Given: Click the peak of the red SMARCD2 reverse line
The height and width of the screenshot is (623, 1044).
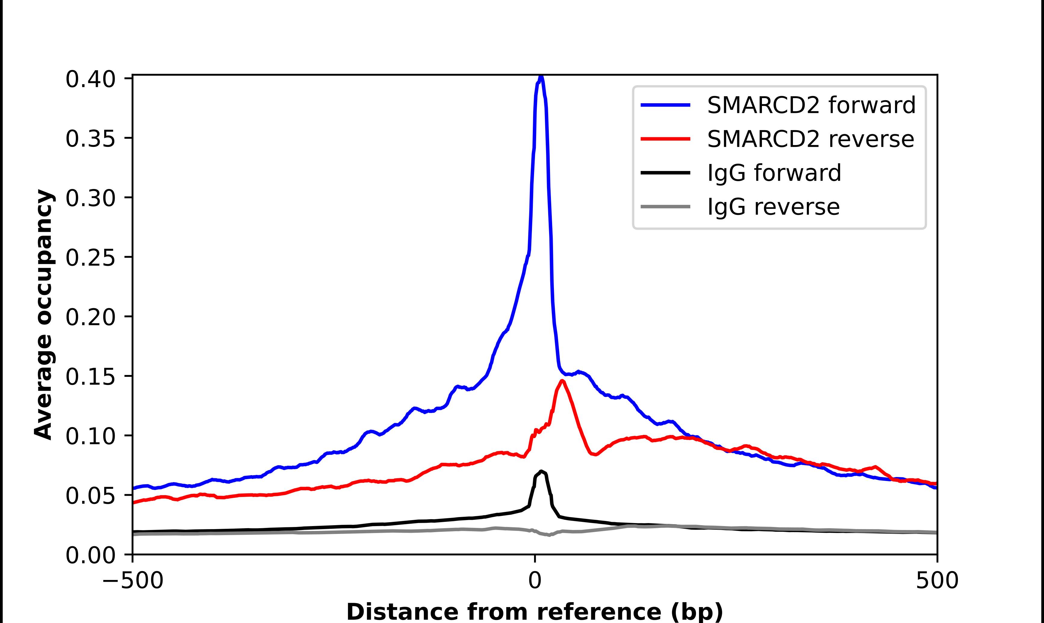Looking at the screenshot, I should tap(562, 381).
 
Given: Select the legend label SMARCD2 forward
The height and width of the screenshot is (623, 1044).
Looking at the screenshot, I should tap(811, 105).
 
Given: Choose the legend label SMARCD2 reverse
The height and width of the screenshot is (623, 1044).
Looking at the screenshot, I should tap(810, 139).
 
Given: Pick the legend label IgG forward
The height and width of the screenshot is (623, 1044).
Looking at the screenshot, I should tap(774, 173).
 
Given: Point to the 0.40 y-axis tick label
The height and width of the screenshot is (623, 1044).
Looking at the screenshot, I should tap(90, 79).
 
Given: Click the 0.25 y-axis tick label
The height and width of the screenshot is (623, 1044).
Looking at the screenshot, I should tap(90, 258).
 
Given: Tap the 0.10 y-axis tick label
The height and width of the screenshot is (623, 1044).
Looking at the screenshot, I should tap(90, 436).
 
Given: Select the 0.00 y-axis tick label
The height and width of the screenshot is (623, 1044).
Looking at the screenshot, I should tap(90, 555).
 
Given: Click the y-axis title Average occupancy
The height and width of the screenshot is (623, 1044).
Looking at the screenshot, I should tap(44, 315).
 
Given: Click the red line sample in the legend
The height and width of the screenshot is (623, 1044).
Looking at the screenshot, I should tap(665, 139).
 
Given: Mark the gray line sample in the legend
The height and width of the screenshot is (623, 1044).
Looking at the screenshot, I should tap(665, 206).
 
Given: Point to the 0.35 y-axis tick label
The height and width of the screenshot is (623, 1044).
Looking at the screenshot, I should tap(90, 139).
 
